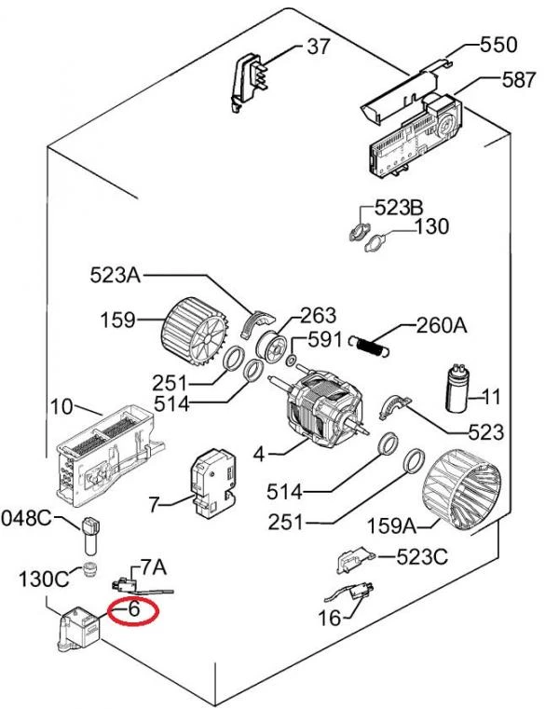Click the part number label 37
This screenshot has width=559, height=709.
point(319,47)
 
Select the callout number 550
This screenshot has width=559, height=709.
point(498,45)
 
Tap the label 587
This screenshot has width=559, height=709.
point(519,79)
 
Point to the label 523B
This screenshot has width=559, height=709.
point(399,208)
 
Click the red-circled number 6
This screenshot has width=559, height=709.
point(134,608)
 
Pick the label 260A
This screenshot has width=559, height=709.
point(442,324)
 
